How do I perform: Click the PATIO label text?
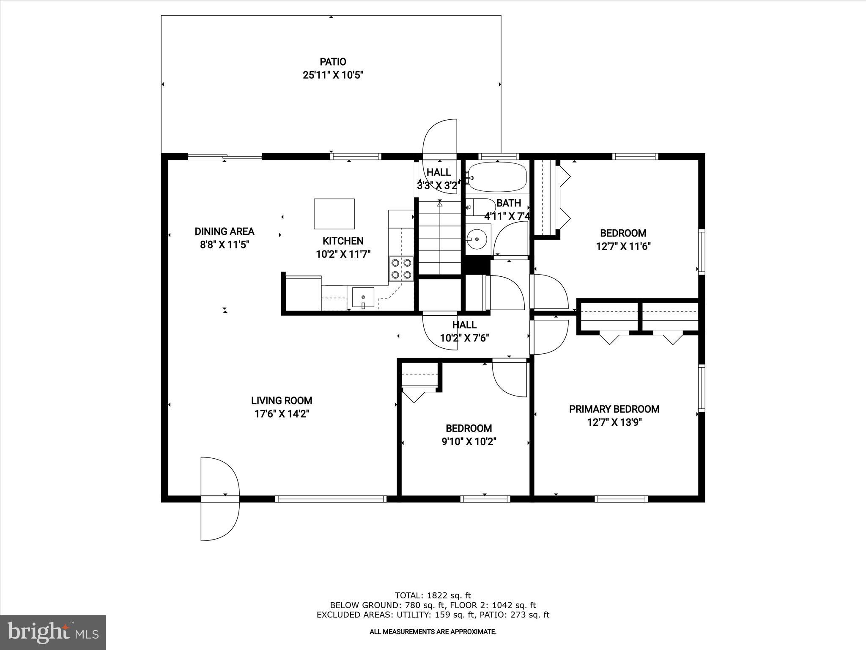click(333, 62)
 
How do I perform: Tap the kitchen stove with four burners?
click(401, 269)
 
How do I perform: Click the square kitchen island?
click(334, 214)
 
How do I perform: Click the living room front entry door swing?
click(220, 478)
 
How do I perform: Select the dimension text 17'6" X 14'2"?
click(282, 414)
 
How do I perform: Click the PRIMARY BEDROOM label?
click(614, 409)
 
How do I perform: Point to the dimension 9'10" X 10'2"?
click(469, 442)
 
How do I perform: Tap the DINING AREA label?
click(224, 231)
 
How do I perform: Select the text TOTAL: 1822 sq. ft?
click(433, 595)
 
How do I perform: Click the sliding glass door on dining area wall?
click(225, 157)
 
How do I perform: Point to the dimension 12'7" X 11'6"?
click(623, 246)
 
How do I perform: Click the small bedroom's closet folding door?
click(413, 397)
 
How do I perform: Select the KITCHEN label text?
click(343, 241)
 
